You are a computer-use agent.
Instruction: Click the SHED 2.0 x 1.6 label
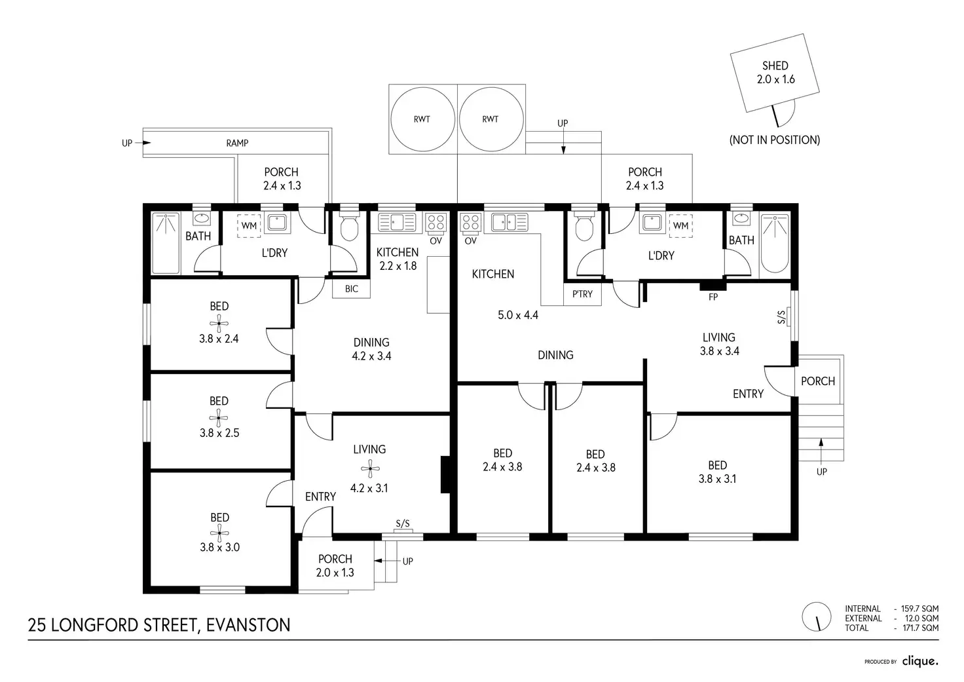(775, 72)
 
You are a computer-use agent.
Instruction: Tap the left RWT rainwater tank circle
(422, 119)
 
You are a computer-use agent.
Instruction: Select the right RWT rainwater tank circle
(491, 119)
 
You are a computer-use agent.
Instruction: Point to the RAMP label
(237, 143)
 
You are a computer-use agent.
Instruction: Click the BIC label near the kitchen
(352, 289)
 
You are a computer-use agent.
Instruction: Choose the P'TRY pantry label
(582, 294)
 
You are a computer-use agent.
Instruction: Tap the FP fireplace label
(713, 297)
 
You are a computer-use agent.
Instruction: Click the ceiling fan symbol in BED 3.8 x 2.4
(219, 322)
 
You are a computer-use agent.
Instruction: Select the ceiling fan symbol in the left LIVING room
(369, 468)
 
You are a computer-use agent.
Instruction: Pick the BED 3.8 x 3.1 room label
(717, 472)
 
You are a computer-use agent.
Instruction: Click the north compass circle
(817, 617)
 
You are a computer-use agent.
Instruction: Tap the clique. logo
(920, 661)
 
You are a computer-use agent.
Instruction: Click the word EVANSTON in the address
(248, 625)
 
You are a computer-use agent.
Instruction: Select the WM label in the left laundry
(249, 226)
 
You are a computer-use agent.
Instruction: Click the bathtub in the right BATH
(775, 242)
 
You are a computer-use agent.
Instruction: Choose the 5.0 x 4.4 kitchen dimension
(518, 315)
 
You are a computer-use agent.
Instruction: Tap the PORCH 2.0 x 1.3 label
(335, 565)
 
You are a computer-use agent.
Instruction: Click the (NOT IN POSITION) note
(775, 140)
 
